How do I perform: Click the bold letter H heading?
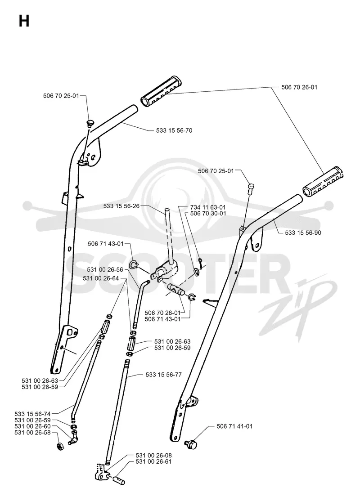point(24,22)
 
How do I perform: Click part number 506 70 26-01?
point(299,87)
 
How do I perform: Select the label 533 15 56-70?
point(174,130)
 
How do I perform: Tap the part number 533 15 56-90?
point(303,233)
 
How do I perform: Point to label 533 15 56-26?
point(121,206)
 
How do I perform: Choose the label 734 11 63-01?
point(208,207)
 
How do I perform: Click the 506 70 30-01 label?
point(208,213)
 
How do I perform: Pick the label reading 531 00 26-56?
point(105,270)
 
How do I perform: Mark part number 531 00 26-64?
point(101,278)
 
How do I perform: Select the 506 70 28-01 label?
point(162,313)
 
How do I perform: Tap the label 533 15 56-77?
point(163,375)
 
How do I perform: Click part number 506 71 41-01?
point(234,426)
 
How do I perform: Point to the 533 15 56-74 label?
point(32,414)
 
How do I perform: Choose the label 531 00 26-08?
point(153,455)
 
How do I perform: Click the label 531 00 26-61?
point(153,461)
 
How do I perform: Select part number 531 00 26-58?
point(32,432)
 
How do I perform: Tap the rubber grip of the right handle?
point(324,181)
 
